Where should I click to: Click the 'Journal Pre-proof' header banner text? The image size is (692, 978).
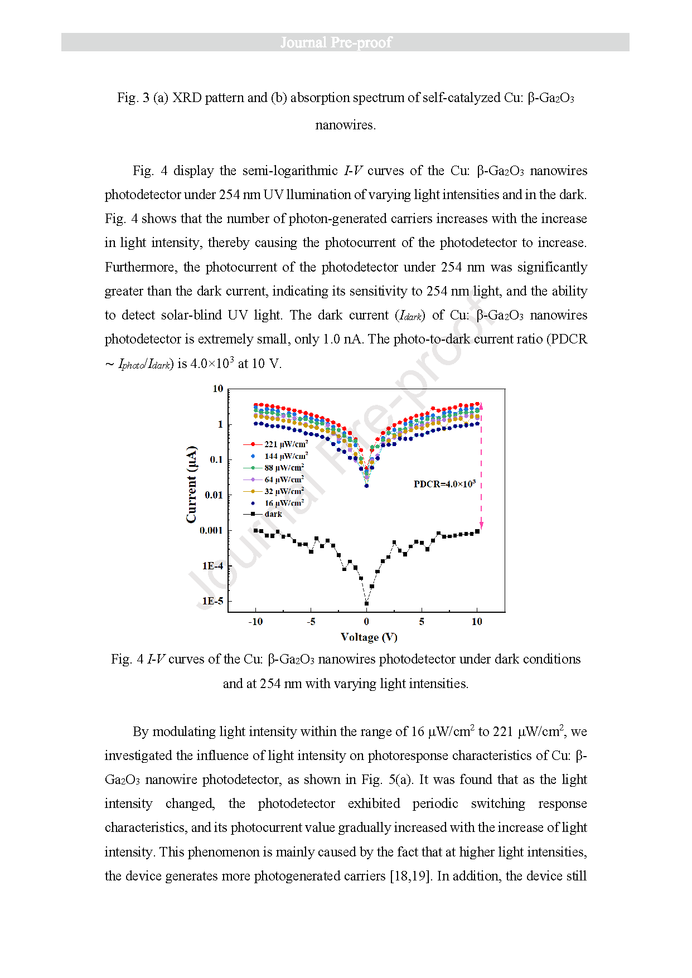click(x=336, y=42)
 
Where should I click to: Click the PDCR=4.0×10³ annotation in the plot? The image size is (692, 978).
click(x=444, y=484)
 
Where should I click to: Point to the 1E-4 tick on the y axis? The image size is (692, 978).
click(x=212, y=566)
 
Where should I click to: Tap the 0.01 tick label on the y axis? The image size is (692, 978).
click(x=214, y=495)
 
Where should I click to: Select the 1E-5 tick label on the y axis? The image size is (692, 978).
click(x=212, y=601)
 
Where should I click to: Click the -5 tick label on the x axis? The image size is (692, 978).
click(x=311, y=622)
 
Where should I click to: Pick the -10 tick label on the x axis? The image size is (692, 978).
click(x=255, y=622)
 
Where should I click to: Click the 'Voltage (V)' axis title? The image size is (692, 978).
click(x=369, y=637)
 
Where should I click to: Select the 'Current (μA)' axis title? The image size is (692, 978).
click(x=191, y=484)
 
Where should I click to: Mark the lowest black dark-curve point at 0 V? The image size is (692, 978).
click(x=366, y=603)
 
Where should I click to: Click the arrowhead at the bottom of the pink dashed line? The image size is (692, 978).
click(x=481, y=525)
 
